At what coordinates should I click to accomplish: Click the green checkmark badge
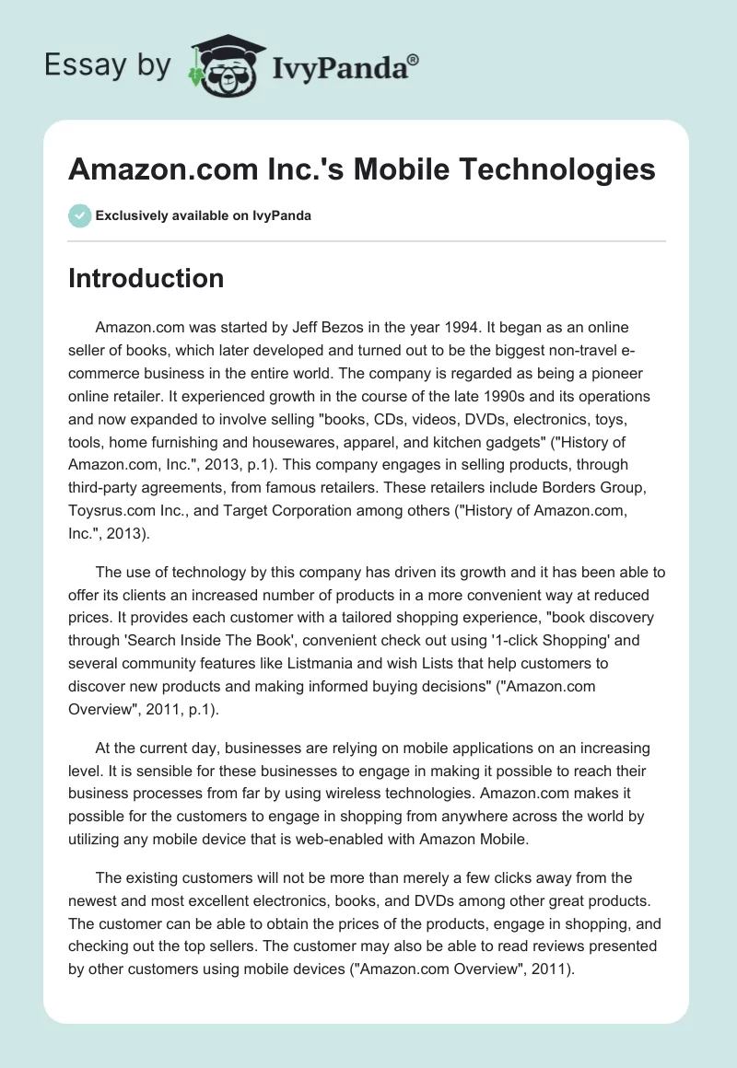[79, 215]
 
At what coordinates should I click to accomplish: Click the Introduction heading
[146, 278]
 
